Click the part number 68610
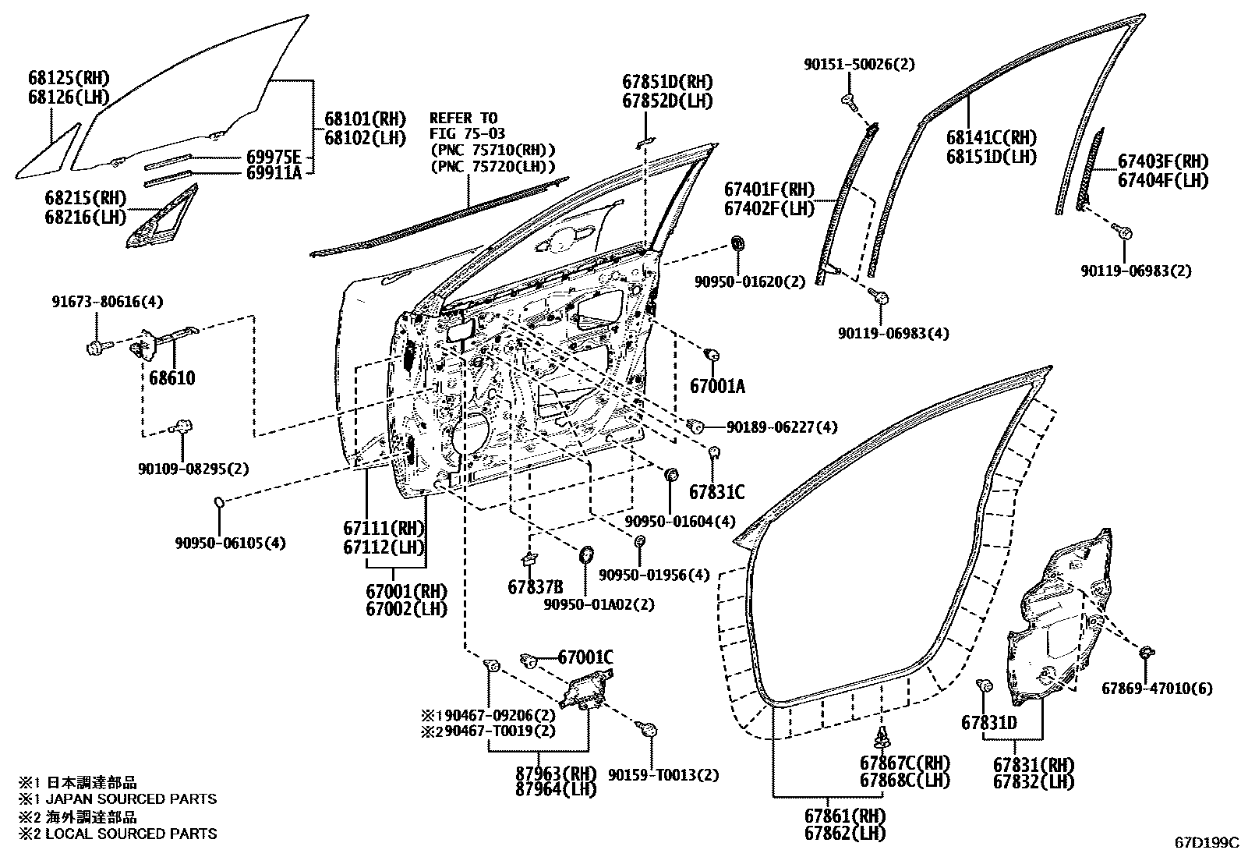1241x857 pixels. coord(172,378)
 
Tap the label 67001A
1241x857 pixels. coord(717,386)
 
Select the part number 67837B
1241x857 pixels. coord(535,587)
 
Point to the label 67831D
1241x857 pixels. coord(988,723)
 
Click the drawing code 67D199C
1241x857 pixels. coord(1207,843)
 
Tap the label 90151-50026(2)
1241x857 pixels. coord(859,66)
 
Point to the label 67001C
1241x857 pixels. coord(585,657)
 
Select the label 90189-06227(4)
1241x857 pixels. coord(782,427)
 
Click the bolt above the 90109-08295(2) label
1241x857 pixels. coord(182,427)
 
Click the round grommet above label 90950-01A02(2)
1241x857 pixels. coord(585,555)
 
